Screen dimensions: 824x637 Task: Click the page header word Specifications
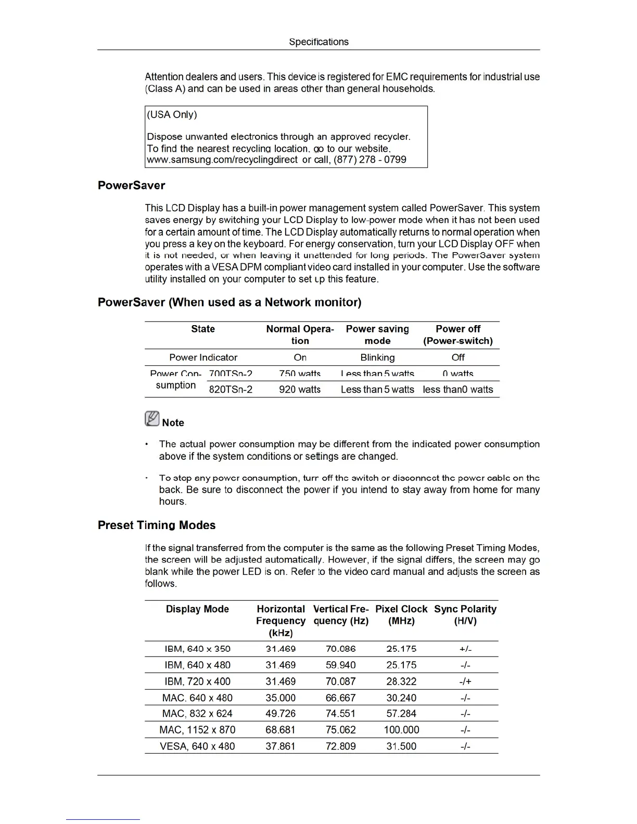[318, 42]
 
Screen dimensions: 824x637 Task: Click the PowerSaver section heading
[131, 186]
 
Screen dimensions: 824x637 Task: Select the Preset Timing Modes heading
[157, 525]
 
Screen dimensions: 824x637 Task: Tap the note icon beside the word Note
[152, 419]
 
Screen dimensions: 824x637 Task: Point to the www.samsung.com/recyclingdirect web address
[222, 160]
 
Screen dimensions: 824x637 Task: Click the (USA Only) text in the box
[172, 114]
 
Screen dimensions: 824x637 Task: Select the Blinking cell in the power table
[377, 357]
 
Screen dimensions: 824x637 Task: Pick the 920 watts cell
[300, 389]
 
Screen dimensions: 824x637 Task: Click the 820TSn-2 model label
[231, 389]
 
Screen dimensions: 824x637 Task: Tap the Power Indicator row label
[203, 357]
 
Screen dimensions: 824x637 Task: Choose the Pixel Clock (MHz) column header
[401, 615]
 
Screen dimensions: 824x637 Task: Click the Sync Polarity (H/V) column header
[465, 615]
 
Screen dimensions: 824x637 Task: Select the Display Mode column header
[197, 609]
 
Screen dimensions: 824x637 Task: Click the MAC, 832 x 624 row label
[197, 714]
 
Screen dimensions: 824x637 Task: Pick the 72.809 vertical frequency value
[341, 746]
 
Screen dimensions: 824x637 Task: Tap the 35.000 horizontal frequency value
[281, 698]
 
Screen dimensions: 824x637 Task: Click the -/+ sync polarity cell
[465, 681]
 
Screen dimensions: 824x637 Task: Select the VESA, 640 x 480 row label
[197, 746]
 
